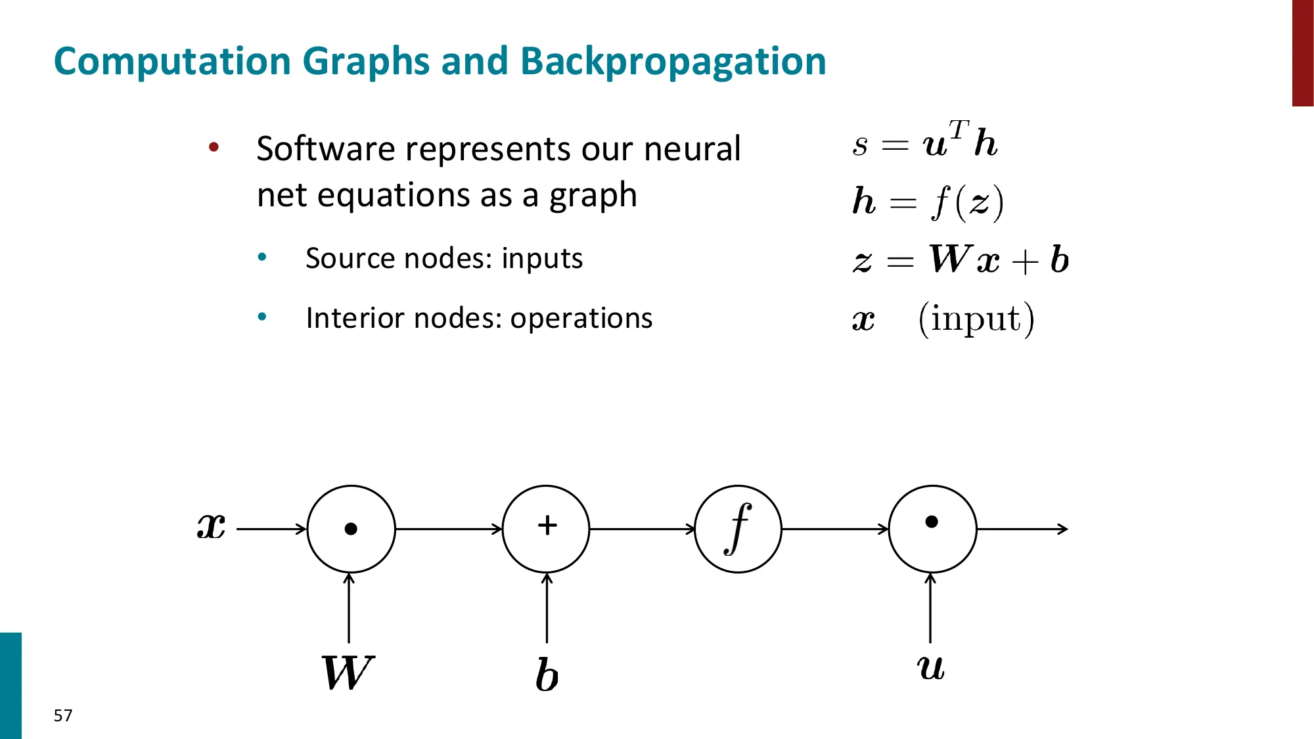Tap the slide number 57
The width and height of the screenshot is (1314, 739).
click(x=63, y=715)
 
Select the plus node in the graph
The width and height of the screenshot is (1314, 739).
click(x=546, y=529)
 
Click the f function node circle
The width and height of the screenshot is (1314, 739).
click(x=738, y=529)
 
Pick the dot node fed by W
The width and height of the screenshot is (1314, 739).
click(x=351, y=529)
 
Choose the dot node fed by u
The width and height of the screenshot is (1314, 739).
click(x=932, y=529)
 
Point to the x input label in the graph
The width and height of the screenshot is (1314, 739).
click(x=212, y=526)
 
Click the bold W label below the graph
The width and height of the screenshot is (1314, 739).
click(x=347, y=673)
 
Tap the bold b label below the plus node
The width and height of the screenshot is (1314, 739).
click(x=547, y=675)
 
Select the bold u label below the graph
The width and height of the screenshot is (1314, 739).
click(x=930, y=667)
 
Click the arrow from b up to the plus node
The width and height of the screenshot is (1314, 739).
click(x=547, y=608)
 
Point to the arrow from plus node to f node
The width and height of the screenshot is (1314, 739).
click(x=642, y=529)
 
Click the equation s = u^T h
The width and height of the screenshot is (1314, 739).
click(x=925, y=141)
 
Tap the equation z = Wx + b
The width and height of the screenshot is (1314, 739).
click(x=961, y=259)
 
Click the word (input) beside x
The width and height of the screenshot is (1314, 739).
click(x=976, y=319)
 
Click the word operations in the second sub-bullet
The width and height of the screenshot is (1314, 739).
click(x=581, y=319)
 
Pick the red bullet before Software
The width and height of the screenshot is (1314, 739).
click(x=214, y=147)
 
